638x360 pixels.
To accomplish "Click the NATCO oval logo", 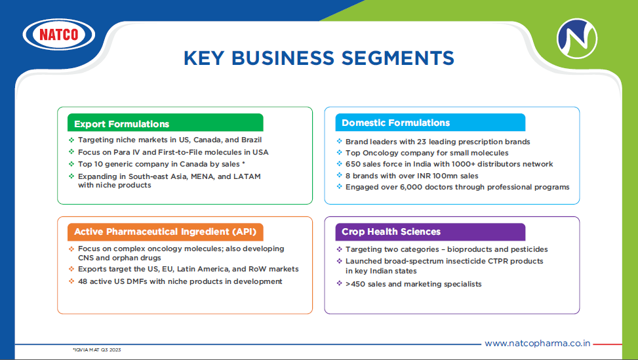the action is point(59,35).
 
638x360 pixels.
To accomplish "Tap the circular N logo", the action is point(576,39).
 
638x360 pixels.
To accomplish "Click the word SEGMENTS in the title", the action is point(397,58).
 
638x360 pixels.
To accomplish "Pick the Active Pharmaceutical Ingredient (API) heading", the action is point(165,232).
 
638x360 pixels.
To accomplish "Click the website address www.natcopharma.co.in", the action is point(538,344).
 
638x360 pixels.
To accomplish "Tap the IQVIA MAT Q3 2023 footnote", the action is point(97,350).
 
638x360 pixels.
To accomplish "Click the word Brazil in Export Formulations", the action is point(251,140).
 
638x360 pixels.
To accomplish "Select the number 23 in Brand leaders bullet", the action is point(422,142).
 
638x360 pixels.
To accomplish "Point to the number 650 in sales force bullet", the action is point(352,164).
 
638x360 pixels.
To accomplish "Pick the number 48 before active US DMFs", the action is point(83,281).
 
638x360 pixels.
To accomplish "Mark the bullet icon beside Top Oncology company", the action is point(340,153).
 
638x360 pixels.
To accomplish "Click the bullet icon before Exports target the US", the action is point(71,269).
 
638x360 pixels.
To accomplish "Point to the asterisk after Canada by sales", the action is point(243,163).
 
